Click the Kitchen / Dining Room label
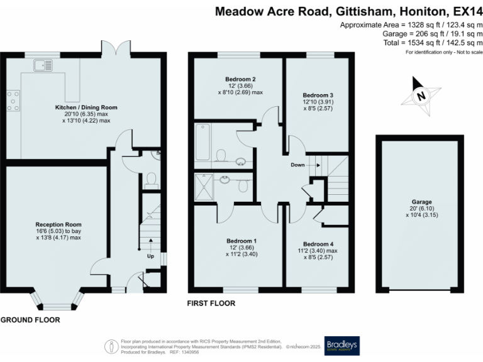point(86,107)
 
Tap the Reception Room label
point(58,224)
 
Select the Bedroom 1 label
point(241,241)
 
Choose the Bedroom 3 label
point(318,95)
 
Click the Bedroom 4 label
point(318,244)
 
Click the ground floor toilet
point(150,180)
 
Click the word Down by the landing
point(298,165)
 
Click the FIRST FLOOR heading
point(211,303)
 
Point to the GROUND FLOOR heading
point(30,319)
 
